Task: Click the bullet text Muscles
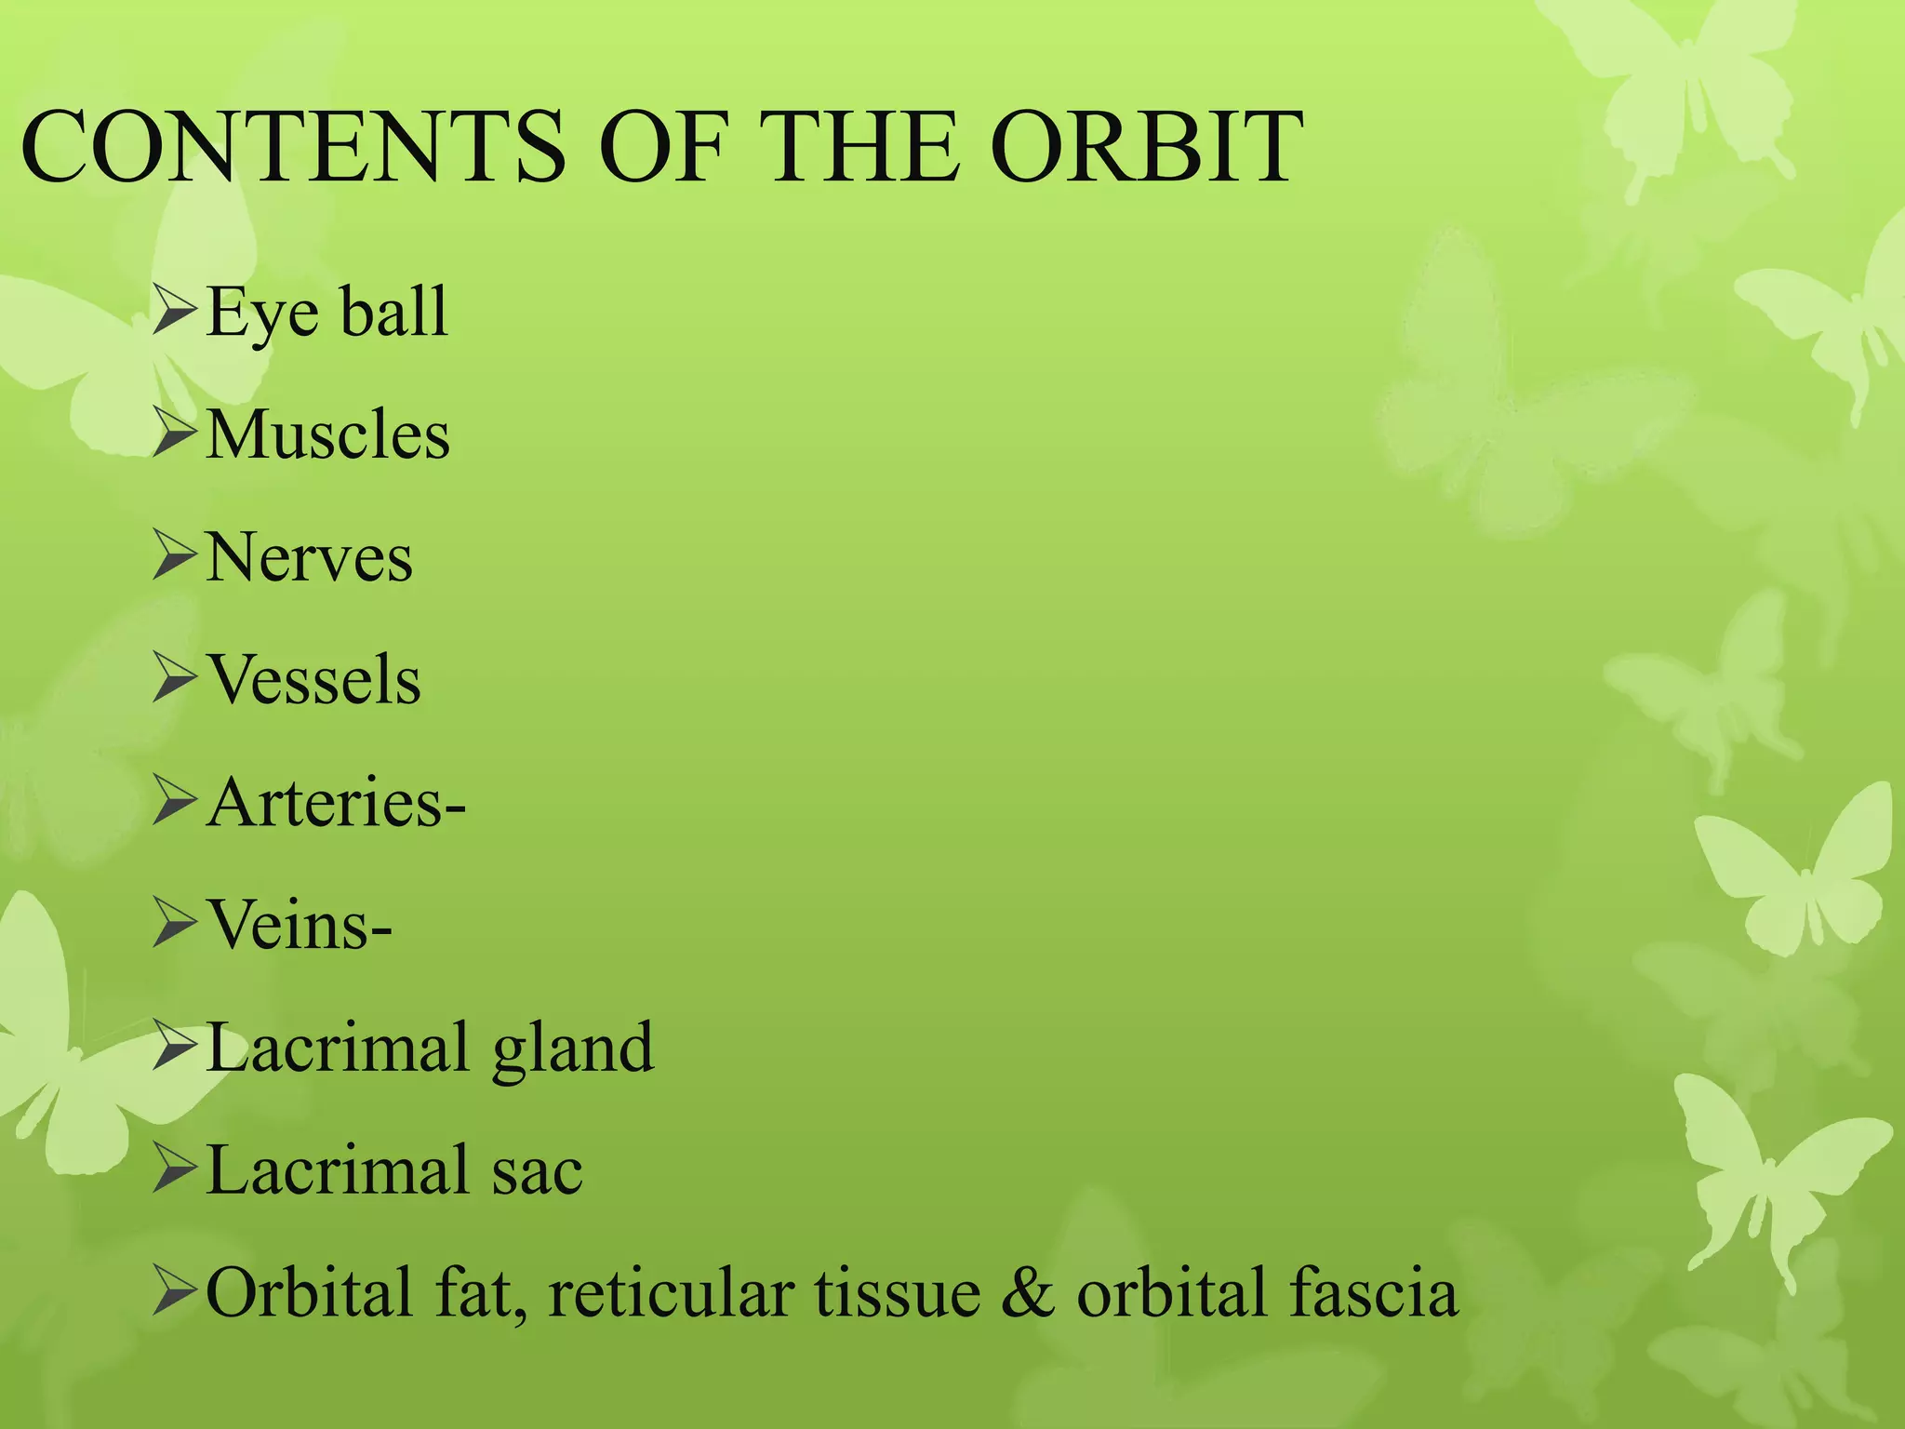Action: coord(327,434)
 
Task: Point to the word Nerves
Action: coord(309,557)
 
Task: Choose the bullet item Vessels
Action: coord(313,680)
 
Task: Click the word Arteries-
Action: coord(336,802)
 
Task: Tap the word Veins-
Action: coord(299,925)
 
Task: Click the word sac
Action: coord(537,1171)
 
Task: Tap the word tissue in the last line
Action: coord(898,1293)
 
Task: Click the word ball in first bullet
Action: coord(393,312)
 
